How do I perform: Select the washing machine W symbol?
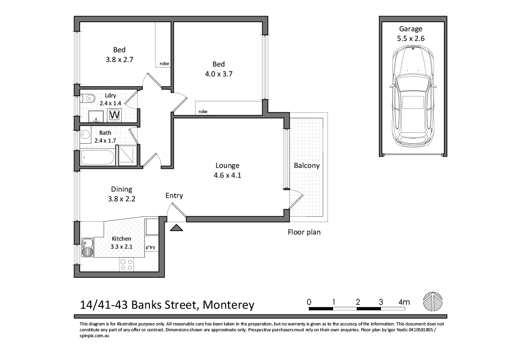coord(115,115)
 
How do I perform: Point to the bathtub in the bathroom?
coord(98,158)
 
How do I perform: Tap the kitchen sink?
coord(87,247)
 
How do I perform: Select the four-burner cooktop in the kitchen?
coord(127,265)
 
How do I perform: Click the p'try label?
coord(150,248)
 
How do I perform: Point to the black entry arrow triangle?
coord(176,228)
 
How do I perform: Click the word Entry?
coord(174,196)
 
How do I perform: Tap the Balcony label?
coord(307,165)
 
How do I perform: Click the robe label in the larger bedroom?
coord(203,111)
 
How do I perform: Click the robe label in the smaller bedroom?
coord(164,64)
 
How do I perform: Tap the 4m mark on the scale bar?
coord(404,302)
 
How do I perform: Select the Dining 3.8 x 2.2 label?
coord(121,194)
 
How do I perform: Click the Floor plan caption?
coord(304,232)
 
